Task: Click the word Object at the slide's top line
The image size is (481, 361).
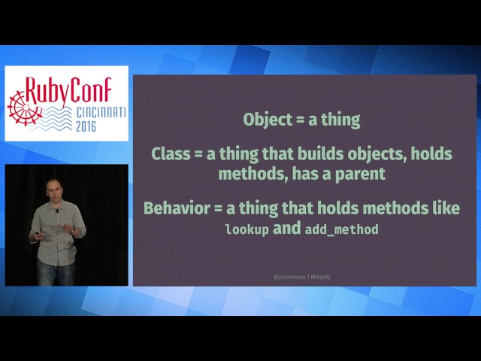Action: coord(264,119)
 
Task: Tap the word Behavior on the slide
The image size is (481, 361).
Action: coord(177,208)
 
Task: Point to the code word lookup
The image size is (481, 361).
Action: coord(247,229)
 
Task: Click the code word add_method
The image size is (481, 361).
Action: coord(341,229)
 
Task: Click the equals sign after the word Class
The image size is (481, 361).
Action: coord(198,155)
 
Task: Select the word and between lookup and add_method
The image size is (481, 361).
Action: coord(286,228)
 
